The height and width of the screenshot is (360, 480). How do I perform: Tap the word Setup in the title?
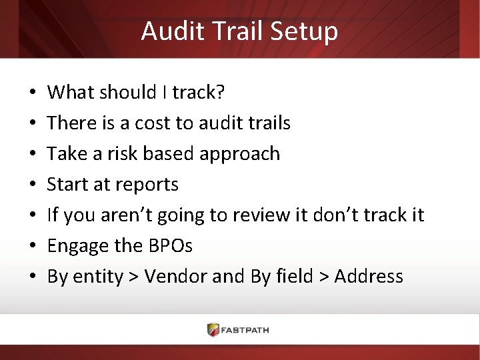(x=307, y=31)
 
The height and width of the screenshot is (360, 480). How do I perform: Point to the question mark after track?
(x=220, y=92)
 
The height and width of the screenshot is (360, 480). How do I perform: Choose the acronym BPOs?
(x=169, y=246)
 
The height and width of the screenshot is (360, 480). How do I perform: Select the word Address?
(x=369, y=277)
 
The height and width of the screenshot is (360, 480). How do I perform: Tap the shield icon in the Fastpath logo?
(x=213, y=329)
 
